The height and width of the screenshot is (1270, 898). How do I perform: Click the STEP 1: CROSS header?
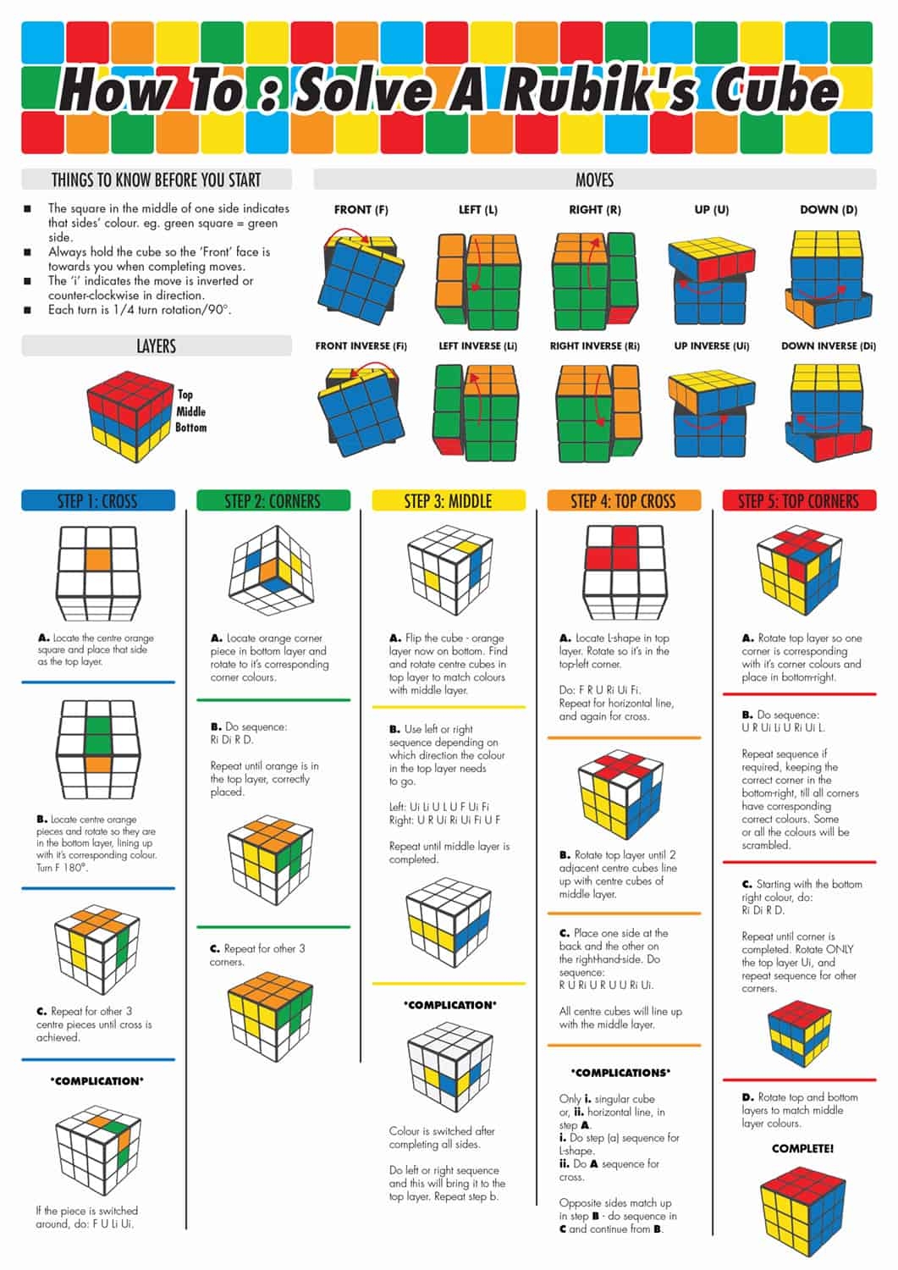pos(97,500)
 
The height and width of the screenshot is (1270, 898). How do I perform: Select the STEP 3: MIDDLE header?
pos(448,500)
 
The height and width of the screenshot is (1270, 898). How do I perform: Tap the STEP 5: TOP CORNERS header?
pos(799,500)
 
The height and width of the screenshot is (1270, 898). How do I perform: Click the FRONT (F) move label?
pos(361,209)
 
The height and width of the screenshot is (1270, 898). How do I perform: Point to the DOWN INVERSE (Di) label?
pos(828,345)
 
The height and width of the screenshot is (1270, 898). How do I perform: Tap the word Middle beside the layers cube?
pos(190,411)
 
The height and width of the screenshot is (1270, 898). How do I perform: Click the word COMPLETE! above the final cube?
pos(802,1148)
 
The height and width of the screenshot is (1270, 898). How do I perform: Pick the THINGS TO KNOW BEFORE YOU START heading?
pos(156,179)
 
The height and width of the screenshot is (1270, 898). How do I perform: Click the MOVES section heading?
pos(594,179)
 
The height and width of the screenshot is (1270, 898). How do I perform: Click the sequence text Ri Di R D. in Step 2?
pos(232,739)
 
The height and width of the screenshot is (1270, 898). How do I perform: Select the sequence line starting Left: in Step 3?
pos(438,807)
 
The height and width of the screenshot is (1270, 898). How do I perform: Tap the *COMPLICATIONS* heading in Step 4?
pos(620,1072)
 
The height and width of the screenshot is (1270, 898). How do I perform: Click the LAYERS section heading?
pos(156,345)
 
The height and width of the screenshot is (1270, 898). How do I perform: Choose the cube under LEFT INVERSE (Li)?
pos(476,413)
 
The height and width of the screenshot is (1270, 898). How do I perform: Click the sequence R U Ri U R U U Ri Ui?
pos(605,985)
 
